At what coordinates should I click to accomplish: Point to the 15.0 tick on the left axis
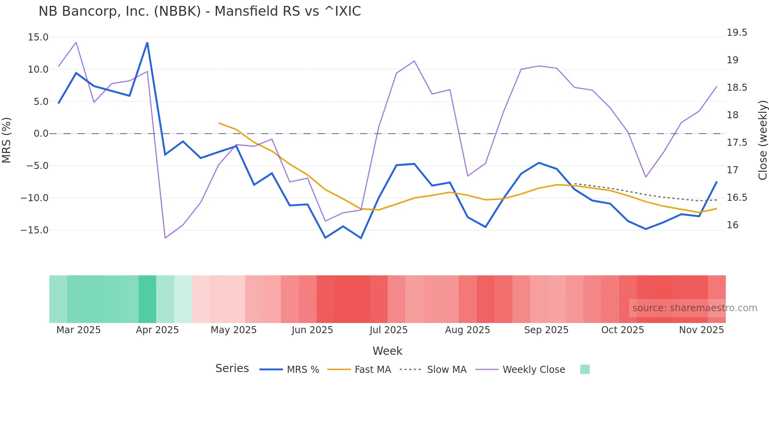pos(38,37)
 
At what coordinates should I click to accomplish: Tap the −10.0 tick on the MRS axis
pos(35,198)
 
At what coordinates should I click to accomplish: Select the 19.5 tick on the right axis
pos(737,33)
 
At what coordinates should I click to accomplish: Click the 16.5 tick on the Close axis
pos(737,198)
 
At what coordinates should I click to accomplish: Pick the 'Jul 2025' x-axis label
pos(388,330)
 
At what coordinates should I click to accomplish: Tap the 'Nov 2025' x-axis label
pos(701,330)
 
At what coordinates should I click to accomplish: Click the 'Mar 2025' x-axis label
pos(78,330)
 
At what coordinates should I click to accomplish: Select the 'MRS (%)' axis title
pos(7,140)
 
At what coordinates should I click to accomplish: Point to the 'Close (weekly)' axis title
pos(762,140)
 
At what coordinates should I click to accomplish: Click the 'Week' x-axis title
pos(387,351)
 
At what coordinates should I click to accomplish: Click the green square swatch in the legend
pos(585,369)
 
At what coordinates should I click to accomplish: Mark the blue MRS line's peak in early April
pos(147,42)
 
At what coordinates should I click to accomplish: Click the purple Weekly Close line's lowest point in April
pos(165,238)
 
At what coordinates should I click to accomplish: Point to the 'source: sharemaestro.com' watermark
pos(694,308)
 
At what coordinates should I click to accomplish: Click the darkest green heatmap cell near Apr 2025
pos(147,299)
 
